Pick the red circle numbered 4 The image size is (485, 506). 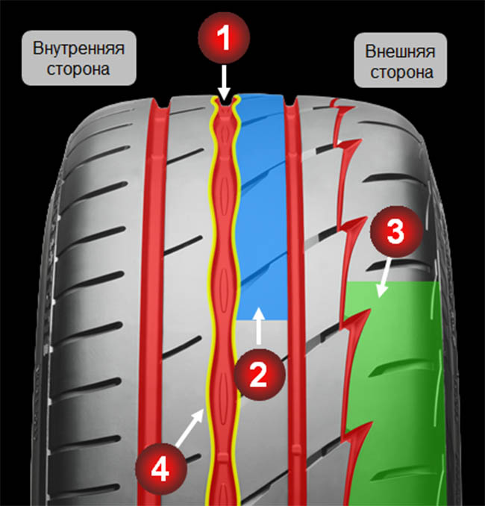pyautogui.click(x=159, y=468)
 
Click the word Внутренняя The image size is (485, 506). pyautogui.click(x=78, y=49)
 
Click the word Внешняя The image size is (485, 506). pyautogui.click(x=399, y=53)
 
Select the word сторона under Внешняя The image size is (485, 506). pyautogui.click(x=399, y=73)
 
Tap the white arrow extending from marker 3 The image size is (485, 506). pyautogui.click(x=381, y=282)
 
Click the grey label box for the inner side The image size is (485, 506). pyautogui.click(x=78, y=59)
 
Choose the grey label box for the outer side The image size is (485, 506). pyautogui.click(x=399, y=63)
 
